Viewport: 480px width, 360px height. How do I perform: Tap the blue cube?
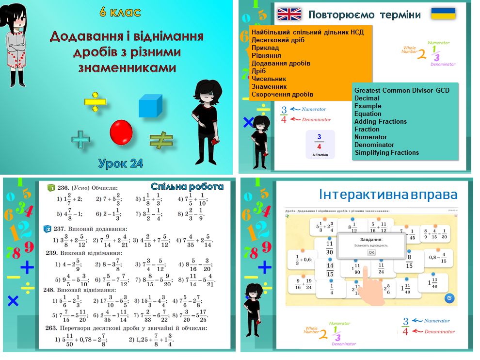coord(151,106)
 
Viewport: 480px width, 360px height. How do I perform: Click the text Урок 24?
coord(121,163)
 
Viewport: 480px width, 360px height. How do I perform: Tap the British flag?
coord(288,14)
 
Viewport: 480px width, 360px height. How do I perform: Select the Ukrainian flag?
coord(444,14)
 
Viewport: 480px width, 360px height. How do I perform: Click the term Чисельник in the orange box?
coord(269,79)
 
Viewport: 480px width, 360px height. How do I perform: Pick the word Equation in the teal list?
coord(368,114)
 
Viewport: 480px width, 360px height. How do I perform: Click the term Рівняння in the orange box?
coord(266,56)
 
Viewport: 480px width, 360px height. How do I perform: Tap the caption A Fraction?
coord(320,155)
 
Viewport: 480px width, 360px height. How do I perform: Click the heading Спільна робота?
coord(187,187)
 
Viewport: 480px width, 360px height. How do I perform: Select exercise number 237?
coord(61,229)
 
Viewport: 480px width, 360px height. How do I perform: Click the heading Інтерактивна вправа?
coord(388,195)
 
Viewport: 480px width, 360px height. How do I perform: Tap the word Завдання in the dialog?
coord(371,240)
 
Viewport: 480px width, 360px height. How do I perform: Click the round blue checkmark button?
coord(449,298)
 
